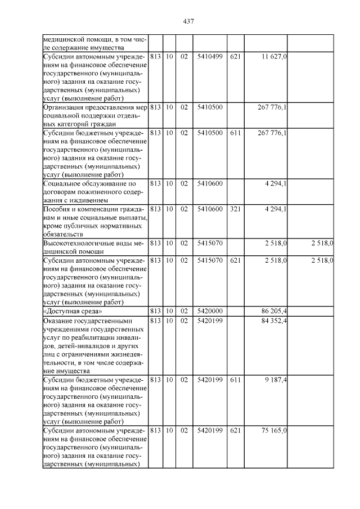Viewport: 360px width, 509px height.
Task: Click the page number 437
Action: [188, 21]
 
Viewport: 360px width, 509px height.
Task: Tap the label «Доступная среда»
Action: [65, 310]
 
